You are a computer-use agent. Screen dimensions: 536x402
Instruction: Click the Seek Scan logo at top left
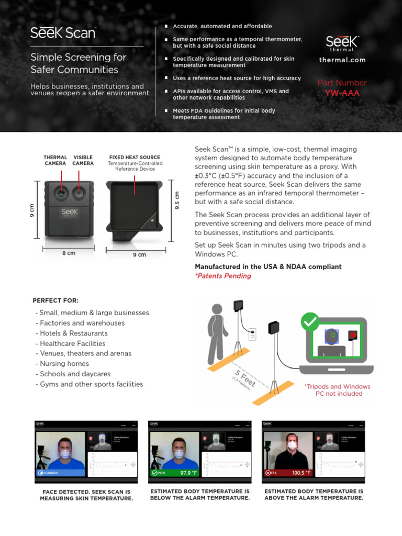click(63, 33)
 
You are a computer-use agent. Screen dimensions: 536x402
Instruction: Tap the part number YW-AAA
click(342, 93)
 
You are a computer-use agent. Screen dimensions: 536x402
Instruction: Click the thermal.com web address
click(342, 60)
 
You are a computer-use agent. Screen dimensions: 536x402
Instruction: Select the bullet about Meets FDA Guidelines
click(224, 114)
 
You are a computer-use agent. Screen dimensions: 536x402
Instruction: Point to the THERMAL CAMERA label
click(55, 160)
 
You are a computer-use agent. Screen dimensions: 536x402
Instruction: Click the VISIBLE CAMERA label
click(83, 160)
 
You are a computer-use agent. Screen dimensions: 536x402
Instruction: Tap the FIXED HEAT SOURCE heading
click(135, 157)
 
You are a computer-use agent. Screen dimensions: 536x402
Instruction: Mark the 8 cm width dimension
click(68, 253)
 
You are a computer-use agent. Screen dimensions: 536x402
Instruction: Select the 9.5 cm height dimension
click(176, 200)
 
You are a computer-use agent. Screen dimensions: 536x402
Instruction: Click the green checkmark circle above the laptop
click(310, 321)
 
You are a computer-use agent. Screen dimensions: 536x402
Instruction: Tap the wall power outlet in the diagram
click(252, 334)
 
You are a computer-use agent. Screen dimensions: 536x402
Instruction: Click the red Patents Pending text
click(223, 276)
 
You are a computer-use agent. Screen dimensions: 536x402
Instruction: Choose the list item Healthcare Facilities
click(71, 343)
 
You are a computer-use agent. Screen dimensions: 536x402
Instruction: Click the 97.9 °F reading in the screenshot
click(188, 473)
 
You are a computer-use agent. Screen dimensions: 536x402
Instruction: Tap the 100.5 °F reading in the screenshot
click(301, 473)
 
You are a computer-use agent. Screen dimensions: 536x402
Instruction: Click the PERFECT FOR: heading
click(55, 300)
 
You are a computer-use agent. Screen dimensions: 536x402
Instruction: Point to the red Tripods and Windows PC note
click(337, 390)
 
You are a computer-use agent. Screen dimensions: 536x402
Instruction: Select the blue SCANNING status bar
click(60, 473)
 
